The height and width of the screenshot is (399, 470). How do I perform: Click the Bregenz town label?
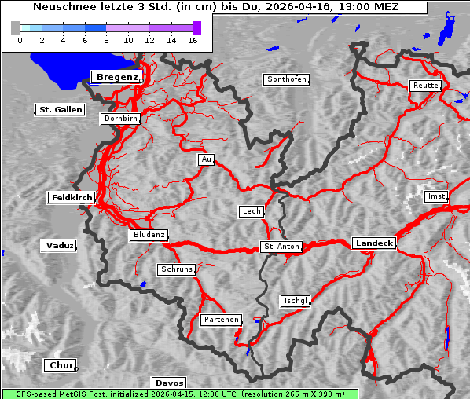[116, 77]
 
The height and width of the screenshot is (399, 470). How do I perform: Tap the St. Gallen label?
[60, 110]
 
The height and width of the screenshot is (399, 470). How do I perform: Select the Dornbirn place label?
[121, 119]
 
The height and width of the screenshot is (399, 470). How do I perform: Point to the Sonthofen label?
[286, 79]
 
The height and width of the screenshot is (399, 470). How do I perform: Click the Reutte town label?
[425, 86]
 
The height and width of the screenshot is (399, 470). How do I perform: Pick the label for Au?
[206, 159]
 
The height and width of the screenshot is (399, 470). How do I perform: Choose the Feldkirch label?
[72, 198]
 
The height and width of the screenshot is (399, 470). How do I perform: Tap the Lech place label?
[251, 211]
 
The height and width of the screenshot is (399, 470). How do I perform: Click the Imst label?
[435, 196]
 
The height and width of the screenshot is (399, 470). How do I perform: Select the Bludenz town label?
[148, 235]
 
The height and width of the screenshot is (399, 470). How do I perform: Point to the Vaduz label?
[59, 246]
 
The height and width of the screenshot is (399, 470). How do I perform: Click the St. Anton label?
[281, 247]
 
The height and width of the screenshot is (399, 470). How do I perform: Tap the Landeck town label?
[374, 243]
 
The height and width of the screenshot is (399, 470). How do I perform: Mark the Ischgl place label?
[296, 301]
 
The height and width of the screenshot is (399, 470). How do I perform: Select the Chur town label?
[60, 365]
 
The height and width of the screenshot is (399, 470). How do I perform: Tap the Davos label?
[169, 383]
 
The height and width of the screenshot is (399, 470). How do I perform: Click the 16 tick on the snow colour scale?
[192, 39]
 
